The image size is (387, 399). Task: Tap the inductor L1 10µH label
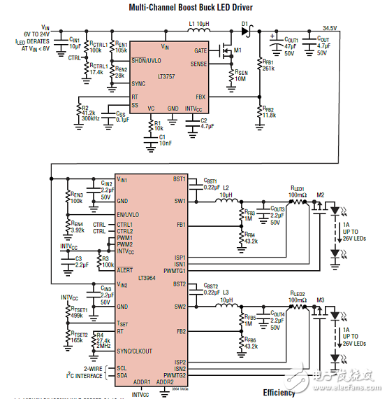point(200,24)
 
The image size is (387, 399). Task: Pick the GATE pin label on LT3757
point(200,50)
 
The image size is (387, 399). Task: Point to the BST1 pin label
point(179,179)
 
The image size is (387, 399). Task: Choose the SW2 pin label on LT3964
point(180,307)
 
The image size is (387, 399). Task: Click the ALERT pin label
point(125,269)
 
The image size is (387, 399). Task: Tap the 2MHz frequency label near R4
point(103,346)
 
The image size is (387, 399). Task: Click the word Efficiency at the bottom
point(279,393)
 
